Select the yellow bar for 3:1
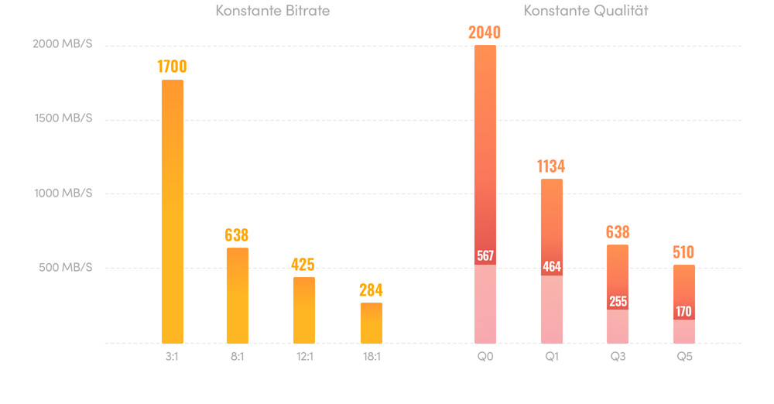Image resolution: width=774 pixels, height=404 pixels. point(173,213)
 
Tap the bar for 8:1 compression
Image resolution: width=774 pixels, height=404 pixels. point(238,296)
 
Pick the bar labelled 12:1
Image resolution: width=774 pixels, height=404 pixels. point(304,310)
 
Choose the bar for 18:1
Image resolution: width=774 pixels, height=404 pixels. point(372,323)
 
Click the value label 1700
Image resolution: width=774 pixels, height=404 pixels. point(172,67)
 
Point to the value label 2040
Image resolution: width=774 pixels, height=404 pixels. point(485,33)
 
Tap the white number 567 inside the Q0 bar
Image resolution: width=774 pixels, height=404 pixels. point(485,256)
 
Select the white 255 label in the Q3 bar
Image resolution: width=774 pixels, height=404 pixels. point(618,301)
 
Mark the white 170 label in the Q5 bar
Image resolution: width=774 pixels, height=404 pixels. point(683,312)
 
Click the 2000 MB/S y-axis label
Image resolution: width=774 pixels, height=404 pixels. point(63,45)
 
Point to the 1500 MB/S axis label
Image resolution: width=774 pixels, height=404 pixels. point(63,119)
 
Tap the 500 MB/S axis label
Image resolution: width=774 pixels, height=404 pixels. point(66,268)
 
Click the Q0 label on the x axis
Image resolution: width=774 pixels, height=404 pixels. point(485,357)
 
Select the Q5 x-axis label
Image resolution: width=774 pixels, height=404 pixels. point(683,357)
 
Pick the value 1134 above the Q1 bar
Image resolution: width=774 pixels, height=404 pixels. point(551,166)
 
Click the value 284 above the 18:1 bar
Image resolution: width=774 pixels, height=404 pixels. point(371,290)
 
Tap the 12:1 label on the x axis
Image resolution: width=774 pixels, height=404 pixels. point(304,357)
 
